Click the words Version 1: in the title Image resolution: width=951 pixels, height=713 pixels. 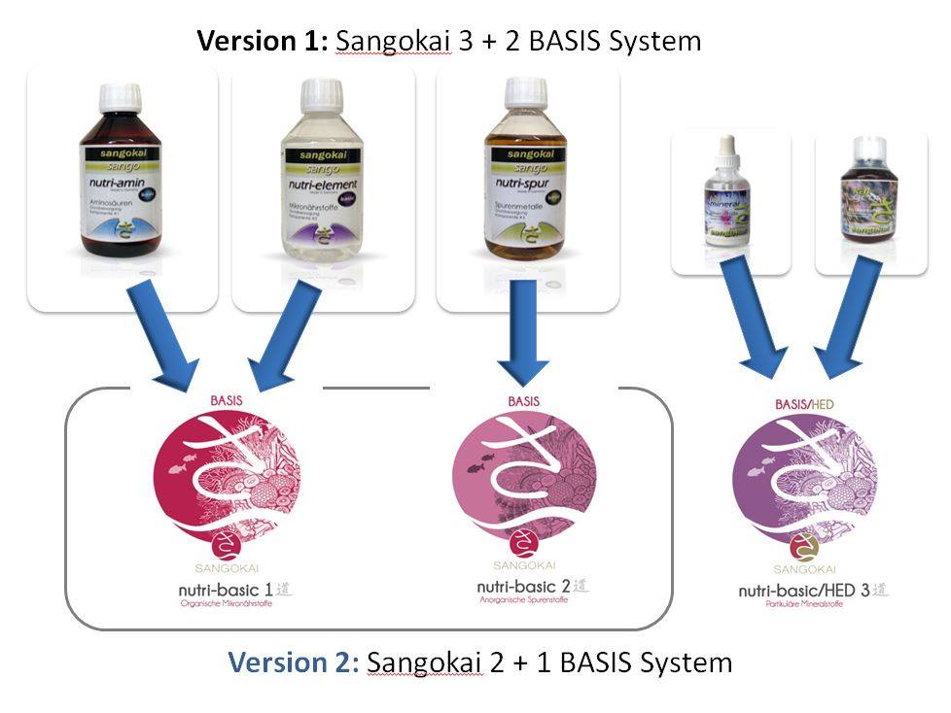point(264,42)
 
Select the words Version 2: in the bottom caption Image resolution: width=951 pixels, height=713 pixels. point(294,662)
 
